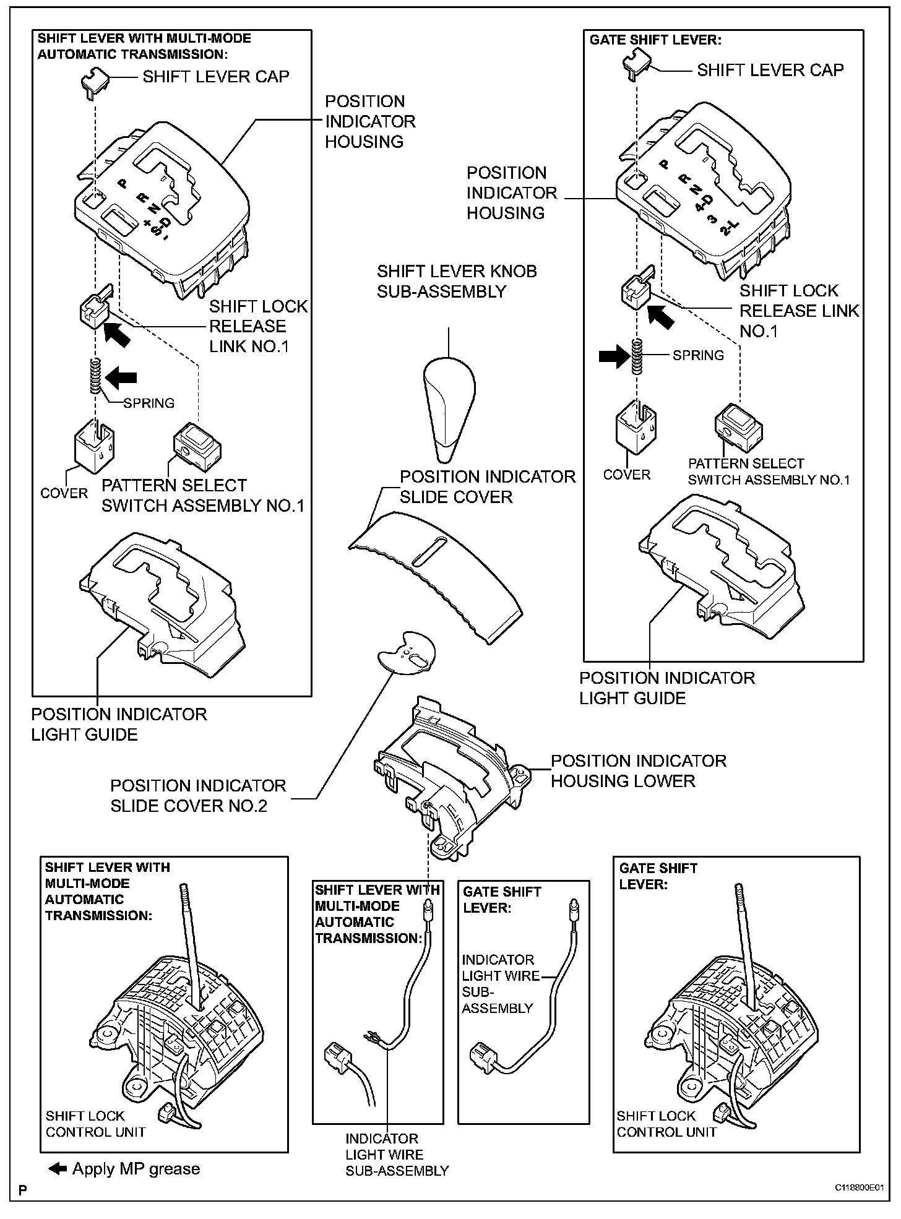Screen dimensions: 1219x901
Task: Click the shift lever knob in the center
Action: [449, 408]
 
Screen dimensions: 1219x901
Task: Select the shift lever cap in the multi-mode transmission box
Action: [94, 81]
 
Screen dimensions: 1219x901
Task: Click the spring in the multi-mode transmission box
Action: [95, 377]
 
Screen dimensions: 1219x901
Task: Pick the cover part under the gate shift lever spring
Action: [636, 428]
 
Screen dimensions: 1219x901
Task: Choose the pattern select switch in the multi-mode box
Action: [197, 447]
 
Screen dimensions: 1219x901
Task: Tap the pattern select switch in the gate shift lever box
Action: [738, 429]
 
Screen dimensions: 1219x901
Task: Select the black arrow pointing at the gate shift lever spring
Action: [613, 357]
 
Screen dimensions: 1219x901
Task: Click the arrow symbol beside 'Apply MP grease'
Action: [58, 1169]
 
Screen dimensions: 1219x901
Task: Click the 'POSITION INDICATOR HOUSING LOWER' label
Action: [638, 771]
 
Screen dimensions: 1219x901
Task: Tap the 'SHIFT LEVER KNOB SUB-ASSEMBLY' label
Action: [457, 282]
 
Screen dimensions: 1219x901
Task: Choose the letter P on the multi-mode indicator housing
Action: [123, 183]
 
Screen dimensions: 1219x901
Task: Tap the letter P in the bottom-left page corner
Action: [23, 1190]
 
